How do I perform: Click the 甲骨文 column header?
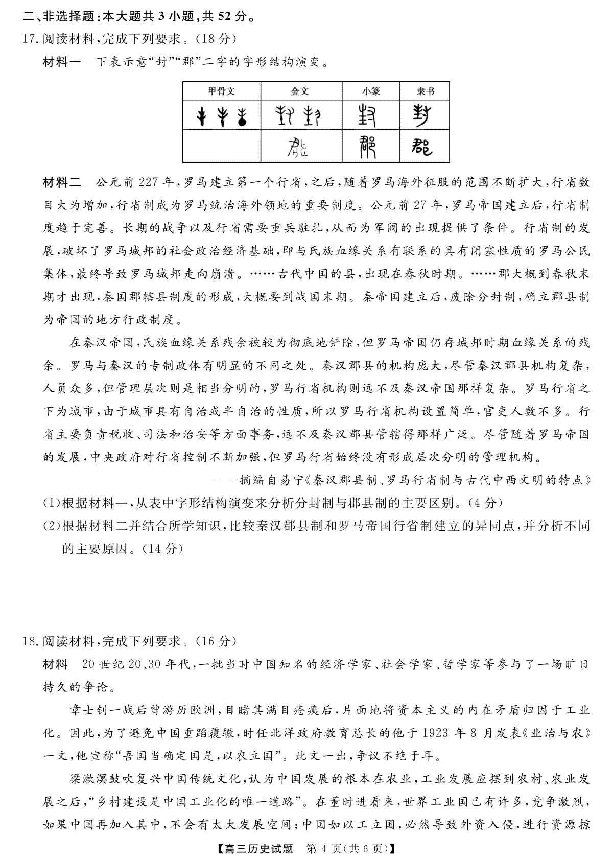(221, 91)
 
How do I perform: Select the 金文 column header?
(299, 91)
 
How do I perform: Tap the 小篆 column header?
(371, 91)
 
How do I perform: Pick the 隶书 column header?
(425, 91)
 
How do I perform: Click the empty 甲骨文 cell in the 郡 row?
(221, 147)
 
